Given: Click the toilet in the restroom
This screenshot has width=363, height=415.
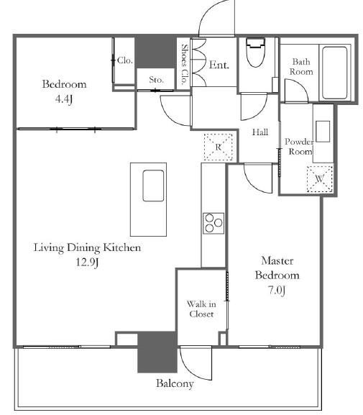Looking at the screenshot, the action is pyautogui.click(x=255, y=52).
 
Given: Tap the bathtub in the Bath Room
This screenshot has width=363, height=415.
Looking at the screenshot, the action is pyautogui.click(x=335, y=73).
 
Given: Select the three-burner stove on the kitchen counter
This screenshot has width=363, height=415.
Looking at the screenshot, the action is pyautogui.click(x=213, y=223).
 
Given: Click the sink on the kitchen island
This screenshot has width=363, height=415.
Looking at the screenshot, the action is pyautogui.click(x=153, y=186).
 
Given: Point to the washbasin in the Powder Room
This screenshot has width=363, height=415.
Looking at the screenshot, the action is pyautogui.click(x=323, y=132).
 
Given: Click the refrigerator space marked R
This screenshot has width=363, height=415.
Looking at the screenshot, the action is pyautogui.click(x=219, y=147).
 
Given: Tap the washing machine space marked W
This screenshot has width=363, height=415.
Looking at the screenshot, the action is pyautogui.click(x=320, y=179).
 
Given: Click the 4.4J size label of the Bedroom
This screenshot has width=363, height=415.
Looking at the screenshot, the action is pyautogui.click(x=64, y=99).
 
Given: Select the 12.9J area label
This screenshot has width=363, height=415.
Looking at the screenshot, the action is pyautogui.click(x=87, y=263).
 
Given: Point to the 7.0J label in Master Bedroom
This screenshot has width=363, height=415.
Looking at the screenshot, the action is pyautogui.click(x=277, y=290).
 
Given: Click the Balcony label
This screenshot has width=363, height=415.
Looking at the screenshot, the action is pyautogui.click(x=175, y=383).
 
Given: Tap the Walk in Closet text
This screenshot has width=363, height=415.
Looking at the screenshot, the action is pyautogui.click(x=201, y=309).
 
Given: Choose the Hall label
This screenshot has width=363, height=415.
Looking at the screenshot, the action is pyautogui.click(x=260, y=132).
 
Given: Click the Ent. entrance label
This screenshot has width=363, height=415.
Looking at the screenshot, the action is pyautogui.click(x=219, y=65).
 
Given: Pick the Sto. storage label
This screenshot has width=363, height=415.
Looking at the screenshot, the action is pyautogui.click(x=156, y=80).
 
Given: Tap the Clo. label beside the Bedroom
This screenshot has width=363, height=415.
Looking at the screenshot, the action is pyautogui.click(x=124, y=60).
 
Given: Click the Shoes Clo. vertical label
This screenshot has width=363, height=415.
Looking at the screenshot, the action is pyautogui.click(x=185, y=64).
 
